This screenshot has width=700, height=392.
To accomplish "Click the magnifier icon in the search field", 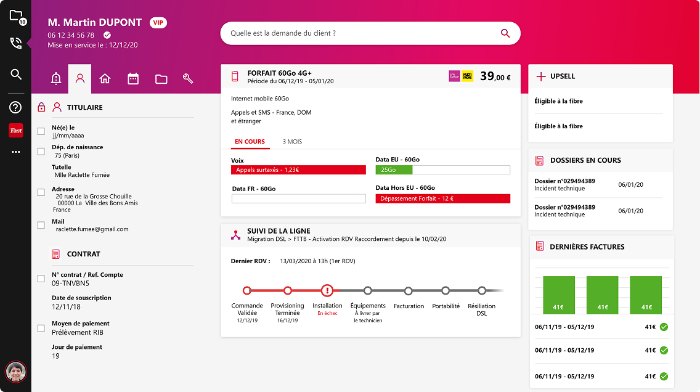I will pos(505,34).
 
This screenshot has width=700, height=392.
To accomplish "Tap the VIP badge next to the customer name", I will pos(158,23).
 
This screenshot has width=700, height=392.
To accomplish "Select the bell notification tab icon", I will pos(56,79).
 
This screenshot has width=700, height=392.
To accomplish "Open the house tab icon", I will pos(105,79).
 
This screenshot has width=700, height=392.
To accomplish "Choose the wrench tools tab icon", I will pos(189,79).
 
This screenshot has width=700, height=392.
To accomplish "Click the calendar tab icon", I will pos(133,79).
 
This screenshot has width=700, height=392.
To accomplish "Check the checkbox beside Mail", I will pos(41,226).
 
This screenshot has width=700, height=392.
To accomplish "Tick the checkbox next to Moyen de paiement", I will pos(41,329).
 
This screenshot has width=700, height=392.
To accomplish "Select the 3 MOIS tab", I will pos(292,142).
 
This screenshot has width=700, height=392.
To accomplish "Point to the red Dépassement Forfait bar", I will pos(442,198).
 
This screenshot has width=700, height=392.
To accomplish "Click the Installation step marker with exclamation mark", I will pos(327,290).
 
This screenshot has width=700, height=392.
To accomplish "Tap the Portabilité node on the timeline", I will pos(446,290).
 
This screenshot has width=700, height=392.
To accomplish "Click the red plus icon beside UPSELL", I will pos(541,76).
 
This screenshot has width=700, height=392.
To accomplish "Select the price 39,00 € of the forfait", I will pos(495,76).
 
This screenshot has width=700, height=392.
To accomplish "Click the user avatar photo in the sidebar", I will pos(15,372).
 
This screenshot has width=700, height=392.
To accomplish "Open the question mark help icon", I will pos(16,107).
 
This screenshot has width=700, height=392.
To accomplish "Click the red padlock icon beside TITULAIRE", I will pos(41,107).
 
